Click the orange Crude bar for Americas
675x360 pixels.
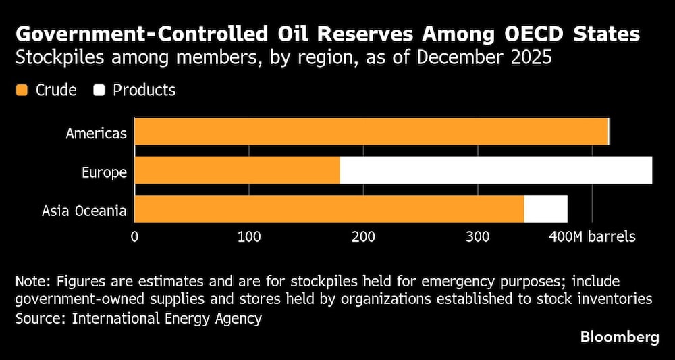[x=371, y=131]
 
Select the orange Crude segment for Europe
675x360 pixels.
[x=237, y=170]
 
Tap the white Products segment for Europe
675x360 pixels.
[x=496, y=170]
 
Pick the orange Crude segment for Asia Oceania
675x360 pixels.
[x=329, y=209]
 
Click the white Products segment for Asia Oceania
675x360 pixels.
[x=545, y=209]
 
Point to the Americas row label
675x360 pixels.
[x=96, y=133]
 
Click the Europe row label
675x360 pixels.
[x=105, y=172]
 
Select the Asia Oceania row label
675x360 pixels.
[x=84, y=211]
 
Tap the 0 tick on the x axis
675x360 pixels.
[x=135, y=237]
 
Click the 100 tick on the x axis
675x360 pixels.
[x=249, y=237]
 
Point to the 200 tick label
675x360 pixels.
[x=363, y=237]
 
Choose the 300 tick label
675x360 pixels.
[x=478, y=237]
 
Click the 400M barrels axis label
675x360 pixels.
[x=592, y=237]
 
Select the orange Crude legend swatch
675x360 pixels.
[x=22, y=90]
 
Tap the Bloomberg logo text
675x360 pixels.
[x=620, y=338]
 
